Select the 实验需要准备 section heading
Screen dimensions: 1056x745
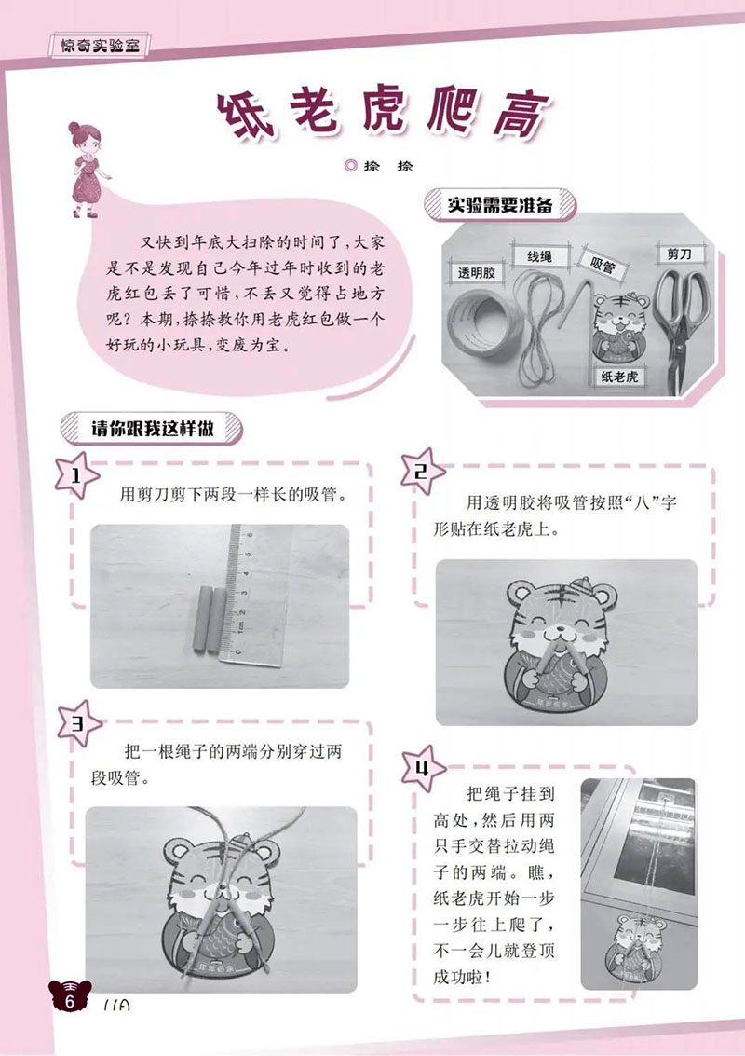click(x=500, y=204)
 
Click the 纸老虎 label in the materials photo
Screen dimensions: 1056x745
click(x=618, y=377)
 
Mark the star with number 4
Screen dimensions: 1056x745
click(x=423, y=769)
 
